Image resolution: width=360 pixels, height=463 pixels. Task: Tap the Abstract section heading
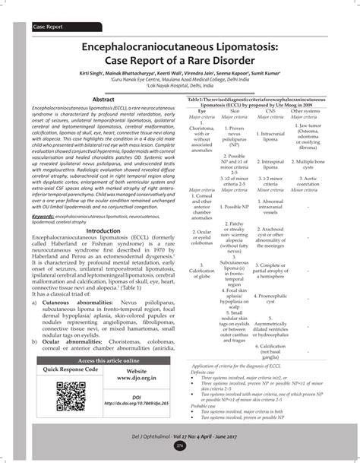[103, 100]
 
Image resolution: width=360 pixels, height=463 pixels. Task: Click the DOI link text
[136, 401]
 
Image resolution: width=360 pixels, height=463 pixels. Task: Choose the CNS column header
[272, 111]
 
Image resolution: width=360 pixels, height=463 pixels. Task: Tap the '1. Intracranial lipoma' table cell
[272, 136]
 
